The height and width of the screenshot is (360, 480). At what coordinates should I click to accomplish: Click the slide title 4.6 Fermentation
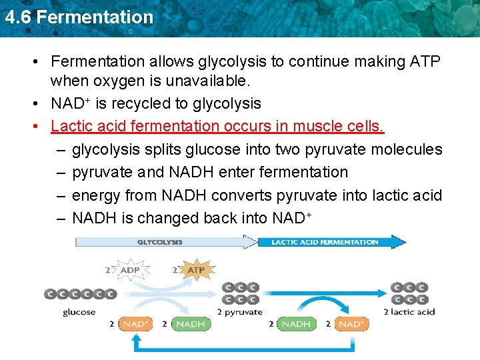pos(79,17)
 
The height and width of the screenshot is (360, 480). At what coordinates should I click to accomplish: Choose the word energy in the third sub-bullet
pos(95,195)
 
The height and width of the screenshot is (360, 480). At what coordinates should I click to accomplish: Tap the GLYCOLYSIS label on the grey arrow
pos(160,242)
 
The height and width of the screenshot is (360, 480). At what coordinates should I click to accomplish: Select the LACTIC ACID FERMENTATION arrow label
pos(325,242)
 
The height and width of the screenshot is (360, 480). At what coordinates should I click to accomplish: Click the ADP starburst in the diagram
pos(131,270)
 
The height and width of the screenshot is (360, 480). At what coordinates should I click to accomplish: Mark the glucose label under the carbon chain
pos(79,312)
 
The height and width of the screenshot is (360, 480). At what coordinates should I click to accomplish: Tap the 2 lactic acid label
pos(409,312)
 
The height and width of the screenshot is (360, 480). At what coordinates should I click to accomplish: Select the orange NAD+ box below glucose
pos(135,324)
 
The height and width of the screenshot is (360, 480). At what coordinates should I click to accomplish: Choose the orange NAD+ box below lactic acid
pos(350,324)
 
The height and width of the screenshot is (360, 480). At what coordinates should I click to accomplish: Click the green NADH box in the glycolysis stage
pos(190,324)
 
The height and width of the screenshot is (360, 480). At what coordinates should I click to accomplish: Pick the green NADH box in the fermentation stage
pos(296,324)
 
